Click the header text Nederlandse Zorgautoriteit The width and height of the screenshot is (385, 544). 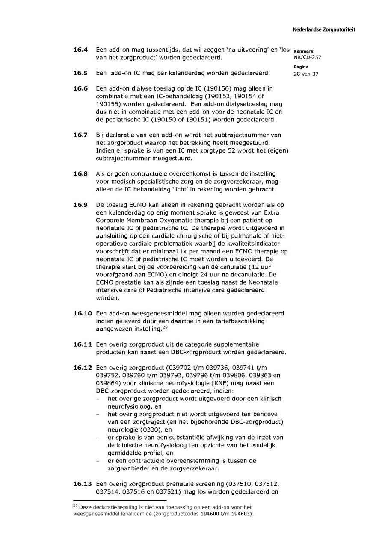click(x=324, y=30)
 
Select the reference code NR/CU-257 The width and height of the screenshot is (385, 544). click(x=308, y=57)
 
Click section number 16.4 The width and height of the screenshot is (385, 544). click(x=80, y=50)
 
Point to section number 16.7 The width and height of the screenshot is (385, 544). click(x=80, y=135)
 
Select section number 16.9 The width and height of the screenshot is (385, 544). click(x=80, y=205)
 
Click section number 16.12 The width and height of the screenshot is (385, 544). click(x=83, y=367)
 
